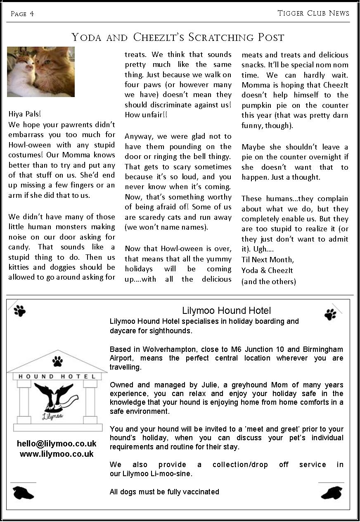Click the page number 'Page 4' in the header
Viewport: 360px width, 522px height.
(x=22, y=14)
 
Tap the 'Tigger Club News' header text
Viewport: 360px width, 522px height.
(x=313, y=13)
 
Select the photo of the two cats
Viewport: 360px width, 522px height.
(x=41, y=72)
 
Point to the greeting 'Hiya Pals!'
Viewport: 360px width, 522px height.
(x=25, y=114)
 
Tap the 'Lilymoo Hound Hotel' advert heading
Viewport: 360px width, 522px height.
(x=226, y=311)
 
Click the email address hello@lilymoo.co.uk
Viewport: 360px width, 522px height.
(x=57, y=444)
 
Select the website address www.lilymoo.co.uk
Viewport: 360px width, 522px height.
(x=57, y=454)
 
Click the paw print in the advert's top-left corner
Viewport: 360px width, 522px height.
(x=19, y=311)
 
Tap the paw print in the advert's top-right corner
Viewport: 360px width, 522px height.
(x=330, y=314)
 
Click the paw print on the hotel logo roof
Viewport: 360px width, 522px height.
(x=57, y=362)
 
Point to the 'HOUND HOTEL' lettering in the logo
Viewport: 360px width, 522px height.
(x=57, y=377)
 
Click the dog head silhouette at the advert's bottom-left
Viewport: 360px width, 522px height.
(x=23, y=492)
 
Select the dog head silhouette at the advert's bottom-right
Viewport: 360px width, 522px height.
(x=332, y=492)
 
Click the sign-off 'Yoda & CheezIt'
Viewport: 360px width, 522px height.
(x=267, y=270)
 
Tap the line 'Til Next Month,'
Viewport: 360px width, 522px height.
(x=268, y=260)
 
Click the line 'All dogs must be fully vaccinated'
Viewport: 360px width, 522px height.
(x=164, y=491)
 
